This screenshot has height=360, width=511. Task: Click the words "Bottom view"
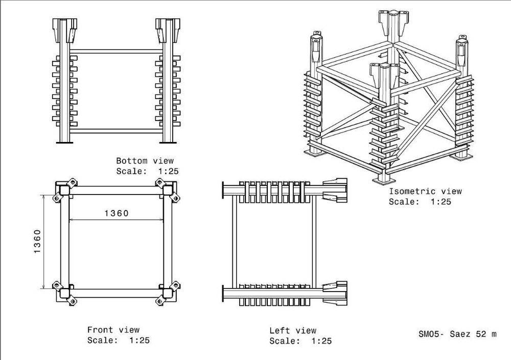[x=145, y=161]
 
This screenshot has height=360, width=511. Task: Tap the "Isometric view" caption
[x=425, y=191]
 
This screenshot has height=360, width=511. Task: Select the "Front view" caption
[x=113, y=330]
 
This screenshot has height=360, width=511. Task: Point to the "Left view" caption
[x=293, y=330]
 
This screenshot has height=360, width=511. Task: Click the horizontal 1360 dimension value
[x=117, y=213]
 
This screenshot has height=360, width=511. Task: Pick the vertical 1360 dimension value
[x=37, y=242]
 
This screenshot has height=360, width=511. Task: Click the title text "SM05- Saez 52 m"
[x=457, y=334]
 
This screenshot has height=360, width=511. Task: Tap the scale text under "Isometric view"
[x=420, y=202]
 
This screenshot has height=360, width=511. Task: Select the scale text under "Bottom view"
[x=147, y=171]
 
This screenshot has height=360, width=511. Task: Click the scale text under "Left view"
[x=300, y=341]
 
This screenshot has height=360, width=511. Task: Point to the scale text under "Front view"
[x=119, y=340]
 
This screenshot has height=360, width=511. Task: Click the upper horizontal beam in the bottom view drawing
[x=116, y=52]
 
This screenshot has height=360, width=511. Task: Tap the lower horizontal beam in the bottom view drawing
[x=116, y=131]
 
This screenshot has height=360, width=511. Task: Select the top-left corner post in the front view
[x=64, y=190]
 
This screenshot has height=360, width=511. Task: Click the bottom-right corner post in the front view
[x=168, y=293]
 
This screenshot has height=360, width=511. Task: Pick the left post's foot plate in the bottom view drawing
[x=64, y=142]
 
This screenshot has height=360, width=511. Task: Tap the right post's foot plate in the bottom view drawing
[x=168, y=142]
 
